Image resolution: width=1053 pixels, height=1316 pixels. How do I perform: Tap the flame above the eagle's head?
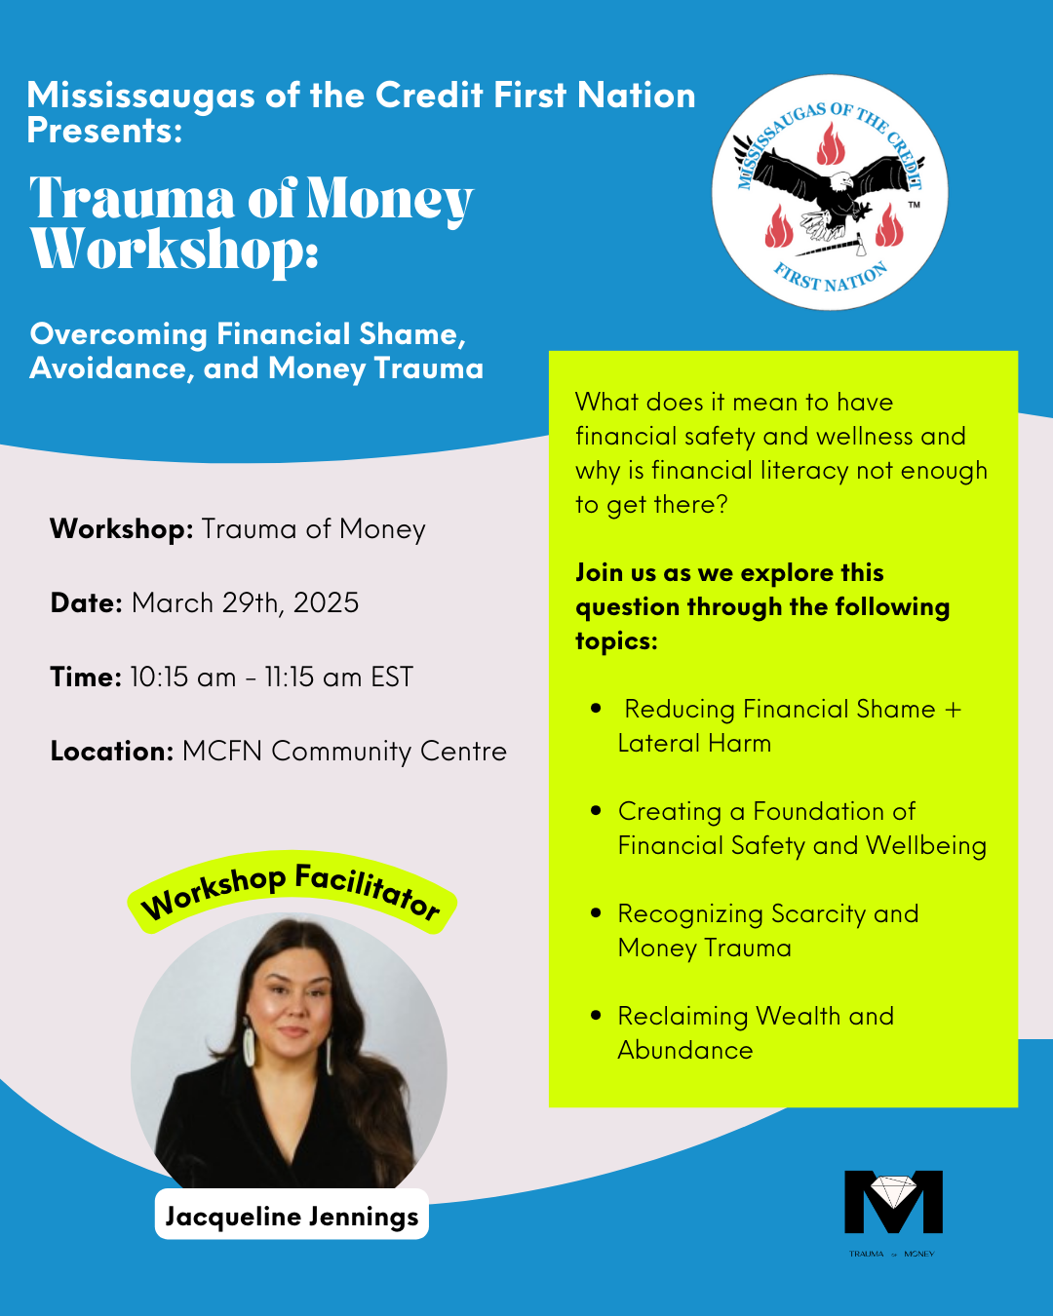pos(831,146)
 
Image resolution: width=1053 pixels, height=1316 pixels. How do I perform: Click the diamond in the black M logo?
pos(893,1191)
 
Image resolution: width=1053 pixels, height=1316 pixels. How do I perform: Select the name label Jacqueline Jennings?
pos(292,1216)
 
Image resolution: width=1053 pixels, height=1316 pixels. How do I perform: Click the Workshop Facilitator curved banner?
pos(292,890)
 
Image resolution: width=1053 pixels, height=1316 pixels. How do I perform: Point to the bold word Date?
pos(86,602)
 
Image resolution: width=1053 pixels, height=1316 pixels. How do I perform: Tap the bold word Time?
pos(86,677)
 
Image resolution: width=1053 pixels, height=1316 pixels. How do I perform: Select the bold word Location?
pos(112,751)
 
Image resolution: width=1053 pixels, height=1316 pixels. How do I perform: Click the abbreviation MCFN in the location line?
pos(222,751)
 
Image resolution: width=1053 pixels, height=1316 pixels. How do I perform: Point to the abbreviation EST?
pos(392,677)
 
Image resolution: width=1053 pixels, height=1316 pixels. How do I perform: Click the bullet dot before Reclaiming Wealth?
pos(596,1015)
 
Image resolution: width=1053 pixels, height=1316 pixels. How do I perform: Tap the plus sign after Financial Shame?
pos(953,710)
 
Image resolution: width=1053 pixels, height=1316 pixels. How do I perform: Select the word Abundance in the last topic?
pos(685,1050)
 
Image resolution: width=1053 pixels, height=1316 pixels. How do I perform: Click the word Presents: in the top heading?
pos(104,130)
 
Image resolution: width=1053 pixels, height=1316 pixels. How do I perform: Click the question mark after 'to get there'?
pos(721,505)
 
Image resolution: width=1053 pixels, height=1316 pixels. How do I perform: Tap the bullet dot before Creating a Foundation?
pos(596,810)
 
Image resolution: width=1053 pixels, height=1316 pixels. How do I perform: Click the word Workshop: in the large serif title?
pos(175,250)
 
